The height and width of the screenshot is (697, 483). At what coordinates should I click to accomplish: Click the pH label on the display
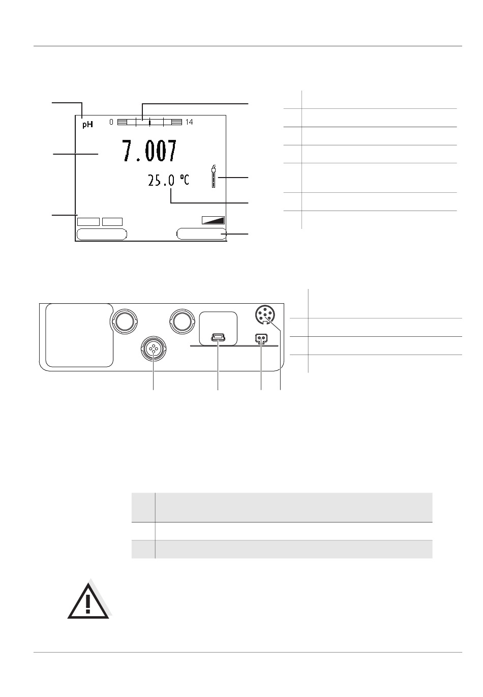click(87, 125)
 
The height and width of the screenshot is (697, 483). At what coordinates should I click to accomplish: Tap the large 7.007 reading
click(149, 151)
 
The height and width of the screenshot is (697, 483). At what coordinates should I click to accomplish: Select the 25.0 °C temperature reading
click(168, 180)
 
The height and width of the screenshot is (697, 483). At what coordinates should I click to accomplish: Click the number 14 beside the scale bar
click(189, 122)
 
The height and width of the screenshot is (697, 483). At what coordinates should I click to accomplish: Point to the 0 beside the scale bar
click(111, 122)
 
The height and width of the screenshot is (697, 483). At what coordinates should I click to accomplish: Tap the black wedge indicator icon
click(213, 220)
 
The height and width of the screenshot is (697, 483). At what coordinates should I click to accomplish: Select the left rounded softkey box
click(102, 234)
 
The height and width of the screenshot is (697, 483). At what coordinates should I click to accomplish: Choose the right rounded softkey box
click(201, 234)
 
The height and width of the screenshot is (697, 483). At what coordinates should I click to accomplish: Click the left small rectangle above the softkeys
click(88, 221)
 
